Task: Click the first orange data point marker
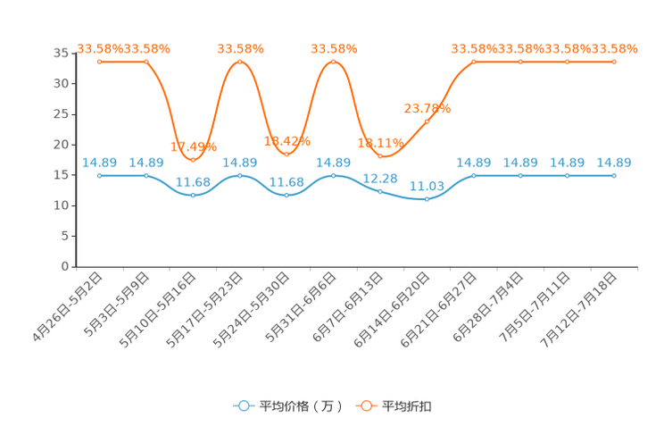coord(100,62)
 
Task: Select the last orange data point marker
coord(614,62)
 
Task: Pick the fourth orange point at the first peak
coord(240,62)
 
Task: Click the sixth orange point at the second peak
coord(334,62)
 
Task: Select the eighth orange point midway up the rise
coord(427,120)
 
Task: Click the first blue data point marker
coord(100,176)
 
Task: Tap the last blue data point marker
coord(614,176)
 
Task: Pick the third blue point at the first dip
coord(194,195)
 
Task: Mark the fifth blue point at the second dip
coord(286,195)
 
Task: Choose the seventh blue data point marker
coord(380,190)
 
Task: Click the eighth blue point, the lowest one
coord(427,199)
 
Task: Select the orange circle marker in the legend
coord(366,405)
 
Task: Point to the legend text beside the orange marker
coord(408,406)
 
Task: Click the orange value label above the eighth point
coord(427,107)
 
